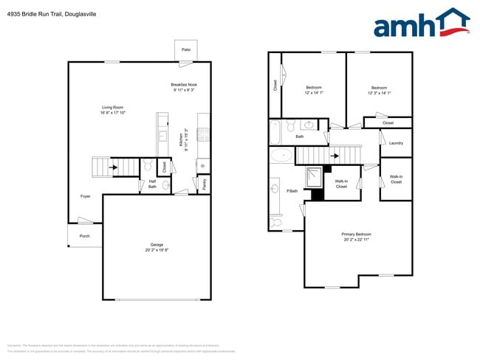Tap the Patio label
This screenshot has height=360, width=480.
tap(186, 50)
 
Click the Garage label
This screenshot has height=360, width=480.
tap(157, 244)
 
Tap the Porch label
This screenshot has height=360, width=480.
tap(85, 236)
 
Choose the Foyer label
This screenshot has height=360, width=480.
tap(86, 196)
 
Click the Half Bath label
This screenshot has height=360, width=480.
tap(152, 184)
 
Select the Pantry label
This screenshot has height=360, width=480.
tap(205, 184)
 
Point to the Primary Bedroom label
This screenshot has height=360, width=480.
tap(357, 234)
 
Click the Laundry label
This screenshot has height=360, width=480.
tap(396, 143)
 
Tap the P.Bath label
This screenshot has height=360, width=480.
tap(292, 191)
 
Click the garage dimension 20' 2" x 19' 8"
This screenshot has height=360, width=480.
tap(157, 250)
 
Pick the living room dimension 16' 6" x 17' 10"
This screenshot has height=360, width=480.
tap(113, 113)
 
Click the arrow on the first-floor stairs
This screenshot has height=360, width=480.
tap(113, 167)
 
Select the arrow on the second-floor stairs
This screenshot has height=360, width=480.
tap(335, 156)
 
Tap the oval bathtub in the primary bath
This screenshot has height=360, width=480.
tap(281, 155)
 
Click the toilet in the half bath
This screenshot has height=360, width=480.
tap(147, 165)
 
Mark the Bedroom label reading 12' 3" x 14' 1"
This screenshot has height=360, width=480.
tap(379, 90)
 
